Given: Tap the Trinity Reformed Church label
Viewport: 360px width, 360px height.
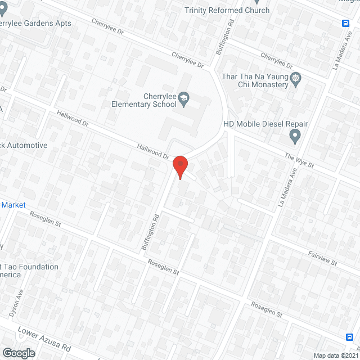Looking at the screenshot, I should coord(227,10).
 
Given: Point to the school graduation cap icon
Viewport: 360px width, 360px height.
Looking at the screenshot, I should coord(183,100).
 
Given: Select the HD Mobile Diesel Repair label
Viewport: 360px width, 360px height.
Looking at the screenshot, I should coord(265,124).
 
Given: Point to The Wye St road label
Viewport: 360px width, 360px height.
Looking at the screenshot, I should coord(298,161).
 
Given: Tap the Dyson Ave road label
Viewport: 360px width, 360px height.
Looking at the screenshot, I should coord(15,303).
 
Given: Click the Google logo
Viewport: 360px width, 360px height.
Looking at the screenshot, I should coord(18,353).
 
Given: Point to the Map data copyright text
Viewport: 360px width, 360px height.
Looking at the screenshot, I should coord(336,355).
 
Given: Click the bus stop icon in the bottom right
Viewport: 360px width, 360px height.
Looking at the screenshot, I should coord(349,337).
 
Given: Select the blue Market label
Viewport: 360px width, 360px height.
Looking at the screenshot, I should coord(13,205).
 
